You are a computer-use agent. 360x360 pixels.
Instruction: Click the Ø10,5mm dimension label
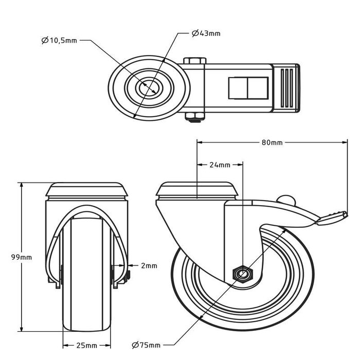coord(59,40)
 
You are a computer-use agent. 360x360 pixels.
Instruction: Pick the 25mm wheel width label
coord(87,345)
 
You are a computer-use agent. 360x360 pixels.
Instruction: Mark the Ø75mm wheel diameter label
coord(146,345)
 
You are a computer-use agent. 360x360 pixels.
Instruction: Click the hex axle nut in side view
coord(241,274)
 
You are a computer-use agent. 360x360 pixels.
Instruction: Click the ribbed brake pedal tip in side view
coord(332,217)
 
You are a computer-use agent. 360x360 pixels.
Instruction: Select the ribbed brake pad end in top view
coord(289,87)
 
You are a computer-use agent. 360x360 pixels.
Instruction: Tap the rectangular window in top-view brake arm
coord(248,88)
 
